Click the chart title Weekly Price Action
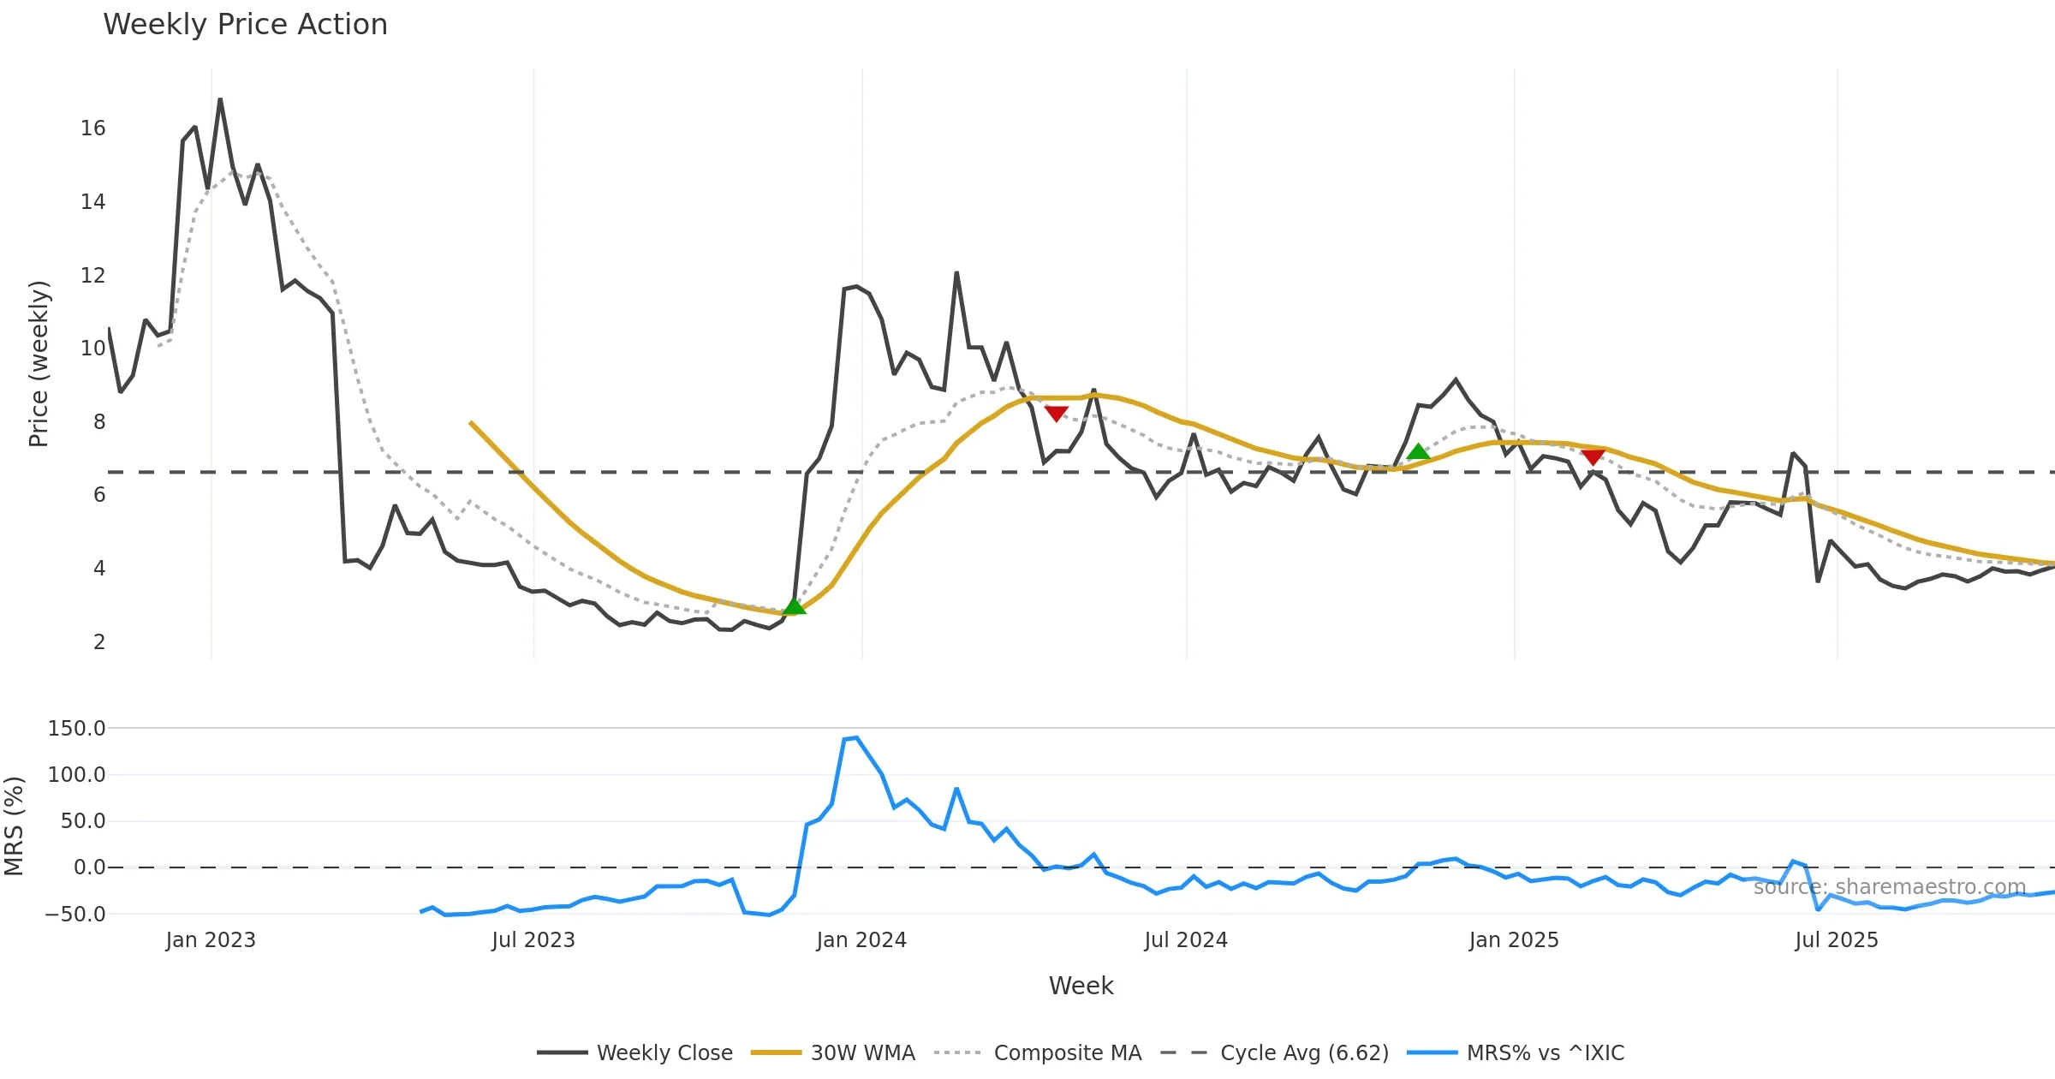click(245, 25)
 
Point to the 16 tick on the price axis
click(93, 128)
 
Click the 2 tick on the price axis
click(99, 642)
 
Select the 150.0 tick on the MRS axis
click(77, 729)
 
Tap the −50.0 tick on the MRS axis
click(75, 915)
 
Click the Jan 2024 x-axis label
click(861, 940)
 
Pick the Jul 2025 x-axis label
click(1837, 940)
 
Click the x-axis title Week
click(1081, 987)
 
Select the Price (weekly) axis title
click(39, 364)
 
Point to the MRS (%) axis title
click(15, 826)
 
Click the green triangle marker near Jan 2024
click(794, 607)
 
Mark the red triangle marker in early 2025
click(1593, 457)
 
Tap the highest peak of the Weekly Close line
click(220, 99)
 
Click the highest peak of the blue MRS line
click(856, 737)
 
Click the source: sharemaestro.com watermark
click(1889, 887)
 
